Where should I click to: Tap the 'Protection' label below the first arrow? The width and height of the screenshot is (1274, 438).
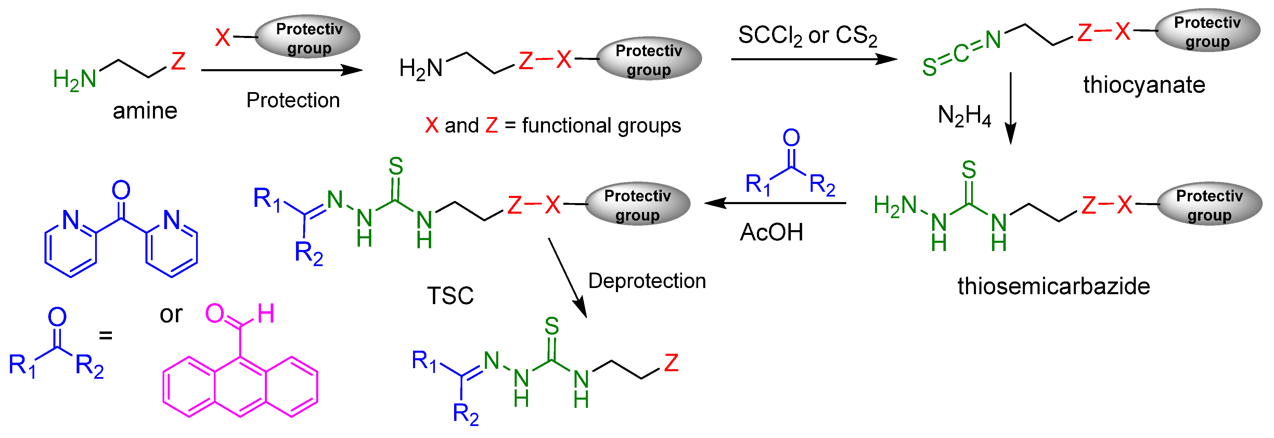[x=293, y=100]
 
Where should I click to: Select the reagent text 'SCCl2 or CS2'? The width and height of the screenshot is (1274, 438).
[x=807, y=36]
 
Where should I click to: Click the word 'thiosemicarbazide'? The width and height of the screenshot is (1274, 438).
[x=1053, y=287]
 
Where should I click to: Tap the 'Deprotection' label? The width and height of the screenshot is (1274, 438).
[x=647, y=281]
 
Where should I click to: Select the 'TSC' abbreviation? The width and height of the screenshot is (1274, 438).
[x=450, y=296]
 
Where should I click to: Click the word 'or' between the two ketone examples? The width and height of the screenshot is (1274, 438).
[x=171, y=314]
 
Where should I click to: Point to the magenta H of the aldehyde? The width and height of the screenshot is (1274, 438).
[x=266, y=314]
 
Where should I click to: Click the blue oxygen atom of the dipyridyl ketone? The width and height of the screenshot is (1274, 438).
[x=121, y=190]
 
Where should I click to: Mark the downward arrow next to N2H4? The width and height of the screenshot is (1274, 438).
[x=1011, y=109]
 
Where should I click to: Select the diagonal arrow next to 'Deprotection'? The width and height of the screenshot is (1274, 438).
[x=567, y=277]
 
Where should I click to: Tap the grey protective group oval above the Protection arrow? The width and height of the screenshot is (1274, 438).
[x=308, y=37]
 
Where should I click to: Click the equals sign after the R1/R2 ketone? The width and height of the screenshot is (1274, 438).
[x=105, y=336]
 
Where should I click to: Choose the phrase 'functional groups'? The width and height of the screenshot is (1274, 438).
[x=601, y=126]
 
